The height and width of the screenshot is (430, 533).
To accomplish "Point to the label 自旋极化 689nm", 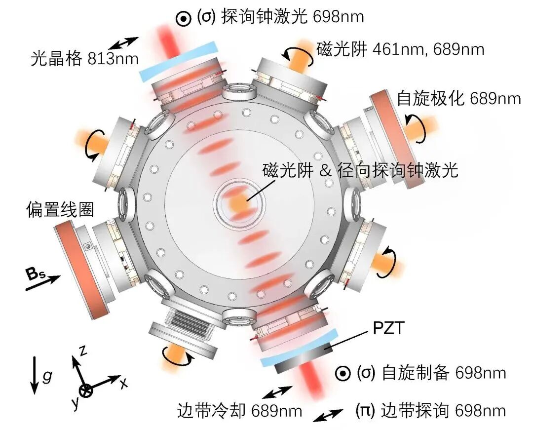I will tap(459, 99).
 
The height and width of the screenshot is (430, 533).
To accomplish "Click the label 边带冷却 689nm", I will tap(239, 410).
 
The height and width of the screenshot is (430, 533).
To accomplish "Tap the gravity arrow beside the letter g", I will tap(34, 375).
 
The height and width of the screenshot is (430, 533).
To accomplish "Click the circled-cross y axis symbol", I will tap(86, 390).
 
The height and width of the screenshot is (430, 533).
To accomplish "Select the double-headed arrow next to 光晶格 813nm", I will tap(124, 45).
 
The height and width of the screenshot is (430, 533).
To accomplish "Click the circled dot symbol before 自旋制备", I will tap(342, 373).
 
